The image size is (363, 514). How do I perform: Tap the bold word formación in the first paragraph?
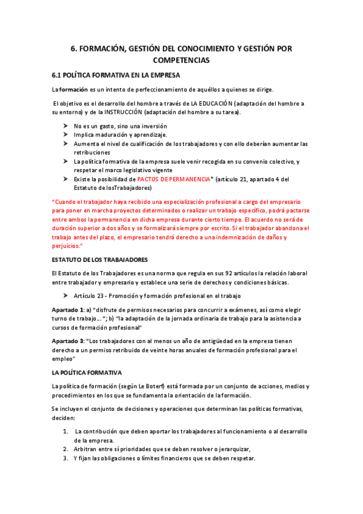[x=75, y=90]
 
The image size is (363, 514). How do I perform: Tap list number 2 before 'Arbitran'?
[x=65, y=449]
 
